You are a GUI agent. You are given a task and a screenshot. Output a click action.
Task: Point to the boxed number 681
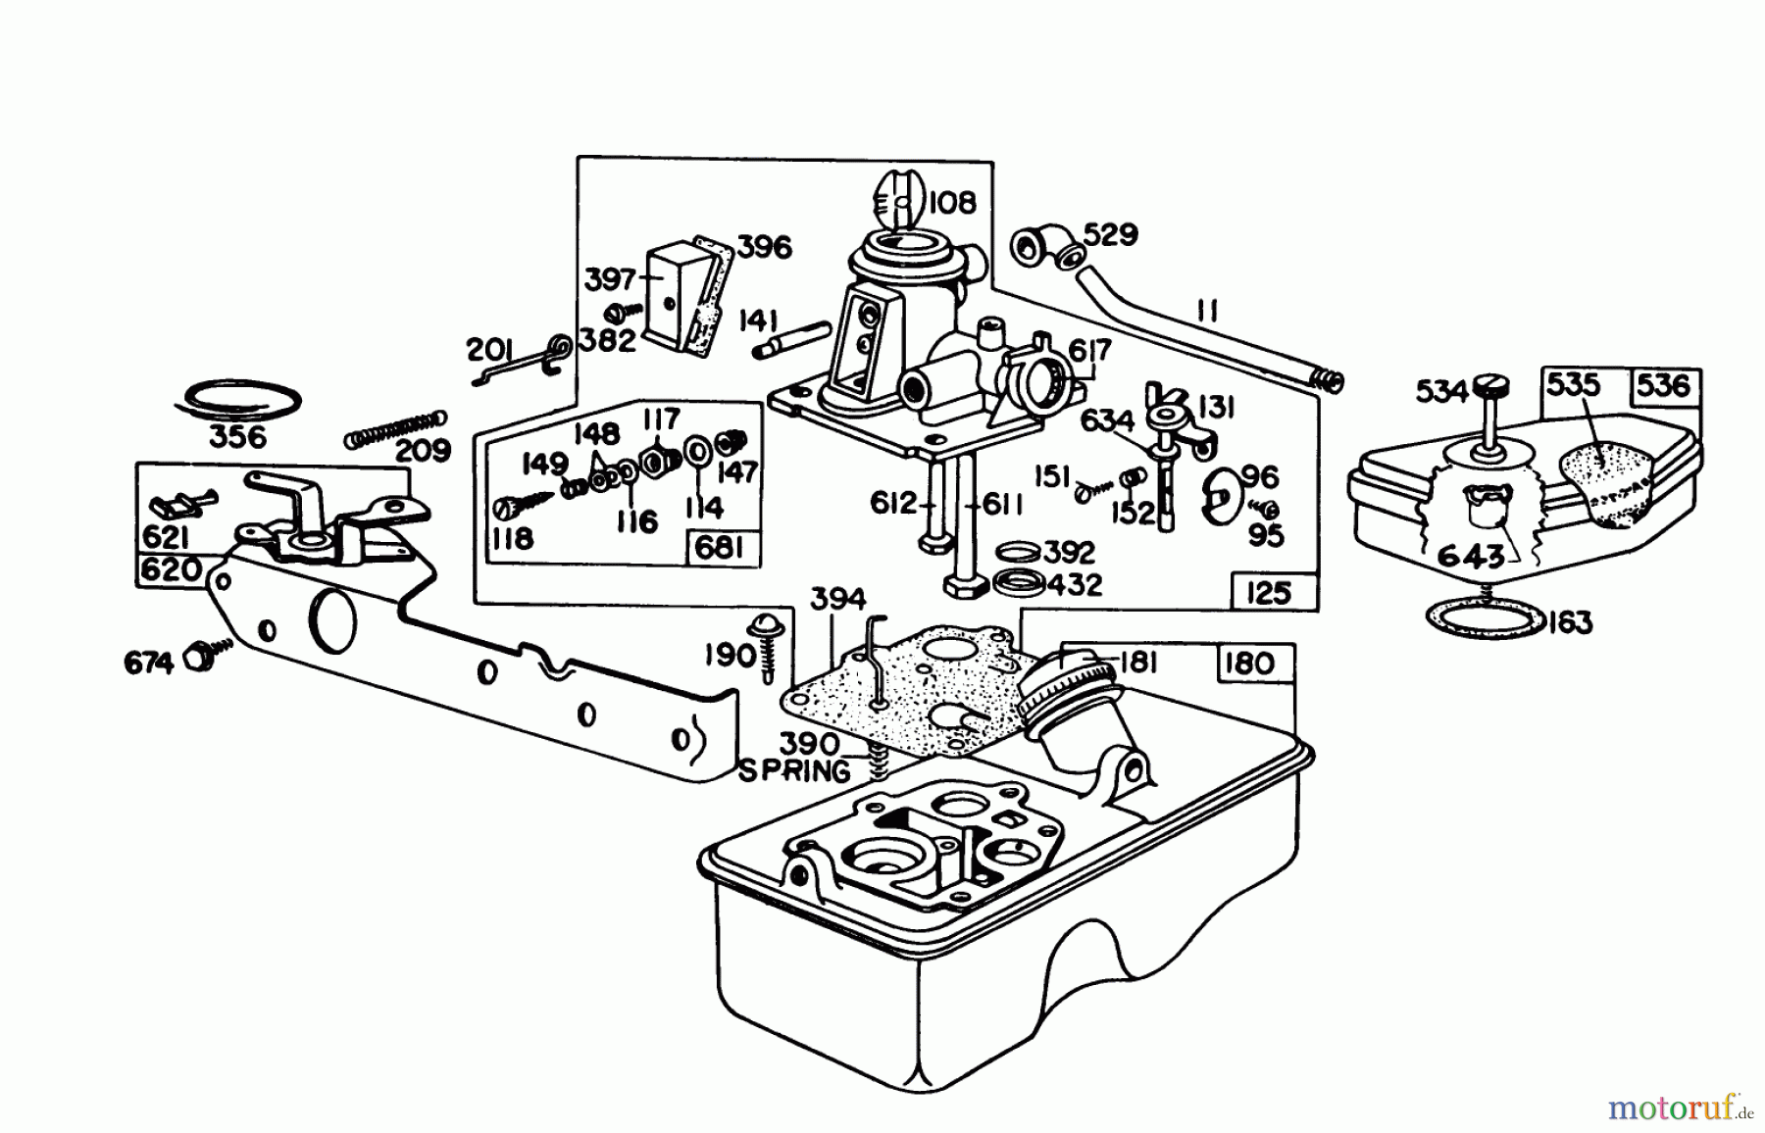720,547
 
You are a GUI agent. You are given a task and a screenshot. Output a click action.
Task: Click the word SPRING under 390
795,771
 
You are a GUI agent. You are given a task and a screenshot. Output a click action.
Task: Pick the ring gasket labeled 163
1484,620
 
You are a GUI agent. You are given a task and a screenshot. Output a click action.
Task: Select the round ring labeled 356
241,400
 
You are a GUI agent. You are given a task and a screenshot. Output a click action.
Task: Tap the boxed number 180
1250,664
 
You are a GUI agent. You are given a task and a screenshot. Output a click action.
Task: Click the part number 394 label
838,599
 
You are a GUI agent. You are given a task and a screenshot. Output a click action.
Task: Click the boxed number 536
1663,386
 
